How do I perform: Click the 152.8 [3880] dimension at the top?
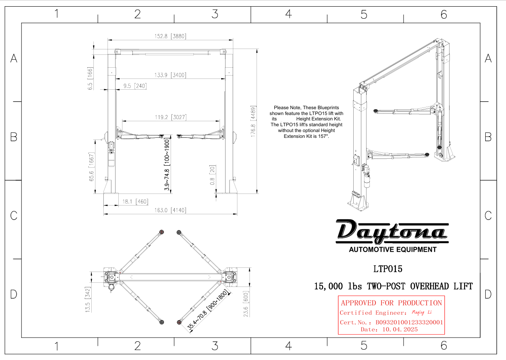[170, 36]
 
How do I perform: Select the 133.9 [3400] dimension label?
[170, 75]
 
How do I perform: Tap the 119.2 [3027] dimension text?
[171, 117]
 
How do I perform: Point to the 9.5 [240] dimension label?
[135, 86]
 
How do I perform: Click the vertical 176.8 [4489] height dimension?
[253, 121]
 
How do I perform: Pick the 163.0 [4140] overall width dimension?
[170, 211]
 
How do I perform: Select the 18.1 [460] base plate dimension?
[135, 201]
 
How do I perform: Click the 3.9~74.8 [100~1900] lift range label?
[167, 165]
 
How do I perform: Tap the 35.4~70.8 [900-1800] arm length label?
[207, 310]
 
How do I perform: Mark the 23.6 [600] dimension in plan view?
[246, 304]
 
